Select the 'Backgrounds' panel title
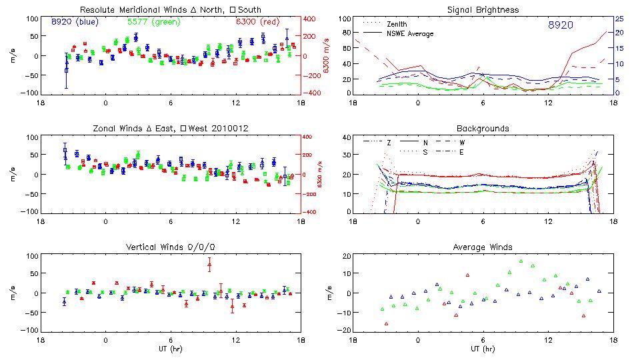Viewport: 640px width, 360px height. pos(482,128)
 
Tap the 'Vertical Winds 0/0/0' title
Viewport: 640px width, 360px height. pos(171,247)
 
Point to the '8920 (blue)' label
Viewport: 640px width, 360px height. pos(74,21)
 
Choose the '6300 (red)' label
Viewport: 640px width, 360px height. pos(255,21)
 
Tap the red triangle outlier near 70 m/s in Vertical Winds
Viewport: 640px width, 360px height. pos(209,265)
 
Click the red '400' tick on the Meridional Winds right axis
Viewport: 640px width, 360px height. pos(311,19)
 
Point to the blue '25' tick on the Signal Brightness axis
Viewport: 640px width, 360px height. pos(619,19)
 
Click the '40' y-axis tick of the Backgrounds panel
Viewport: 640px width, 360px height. pos(347,138)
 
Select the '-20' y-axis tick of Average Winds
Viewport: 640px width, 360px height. pos(345,331)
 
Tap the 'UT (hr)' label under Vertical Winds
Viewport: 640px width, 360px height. pos(171,348)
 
